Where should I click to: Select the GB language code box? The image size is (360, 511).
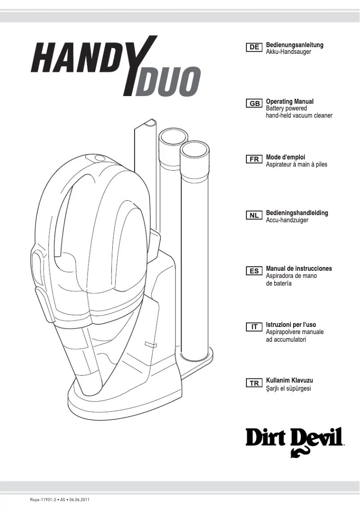255,104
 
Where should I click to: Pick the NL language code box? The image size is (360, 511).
255,215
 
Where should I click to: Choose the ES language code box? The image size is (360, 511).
255,271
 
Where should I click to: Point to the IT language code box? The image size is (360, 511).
255,327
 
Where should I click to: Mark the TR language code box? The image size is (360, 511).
255,383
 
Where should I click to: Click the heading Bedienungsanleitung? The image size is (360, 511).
294,45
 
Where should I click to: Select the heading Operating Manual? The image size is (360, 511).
290,101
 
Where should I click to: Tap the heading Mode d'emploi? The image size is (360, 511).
285,157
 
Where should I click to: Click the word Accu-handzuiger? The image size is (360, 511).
287,220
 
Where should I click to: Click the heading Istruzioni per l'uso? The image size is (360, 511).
294,324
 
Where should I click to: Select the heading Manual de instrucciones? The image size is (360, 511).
299,269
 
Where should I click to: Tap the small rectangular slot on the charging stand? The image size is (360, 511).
150,345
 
